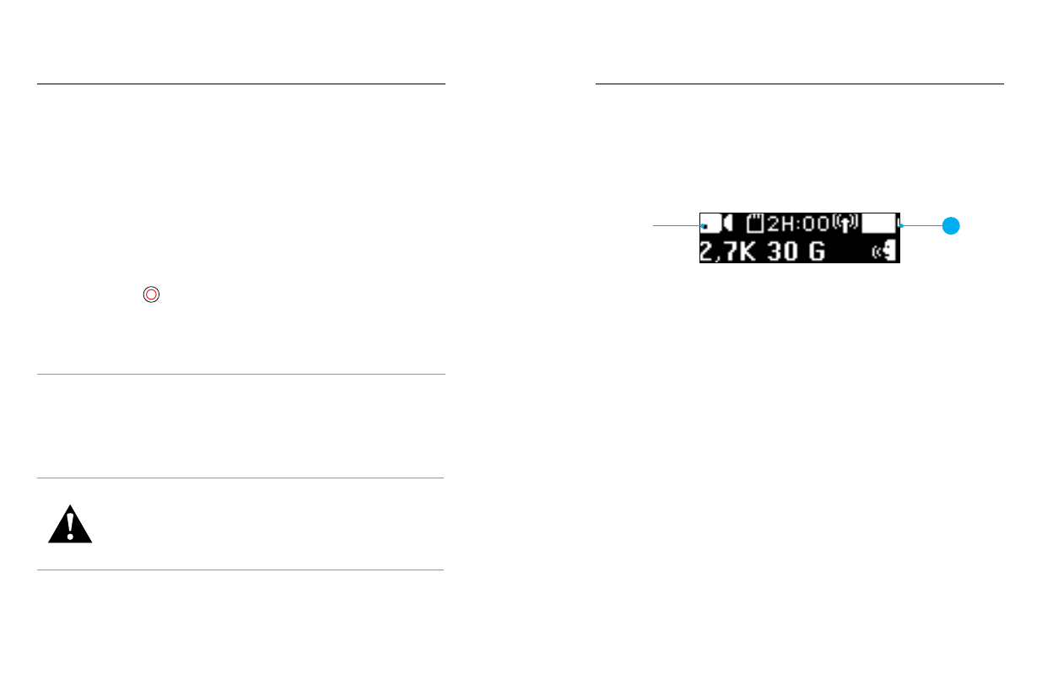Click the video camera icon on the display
click(716, 224)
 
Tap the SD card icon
click(755, 224)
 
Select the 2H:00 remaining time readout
click(798, 224)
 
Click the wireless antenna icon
click(845, 224)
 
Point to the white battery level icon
click(880, 224)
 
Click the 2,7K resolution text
click(727, 251)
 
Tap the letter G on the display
click(817, 251)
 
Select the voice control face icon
click(885, 251)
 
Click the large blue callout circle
click(951, 226)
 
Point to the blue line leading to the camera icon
click(679, 225)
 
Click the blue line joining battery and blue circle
click(922, 226)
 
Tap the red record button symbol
click(151, 294)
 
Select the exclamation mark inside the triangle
click(70, 524)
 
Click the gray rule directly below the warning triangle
click(240, 570)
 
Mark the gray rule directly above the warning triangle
click(240, 478)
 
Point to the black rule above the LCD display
click(800, 84)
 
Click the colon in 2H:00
click(799, 224)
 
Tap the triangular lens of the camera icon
click(728, 224)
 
